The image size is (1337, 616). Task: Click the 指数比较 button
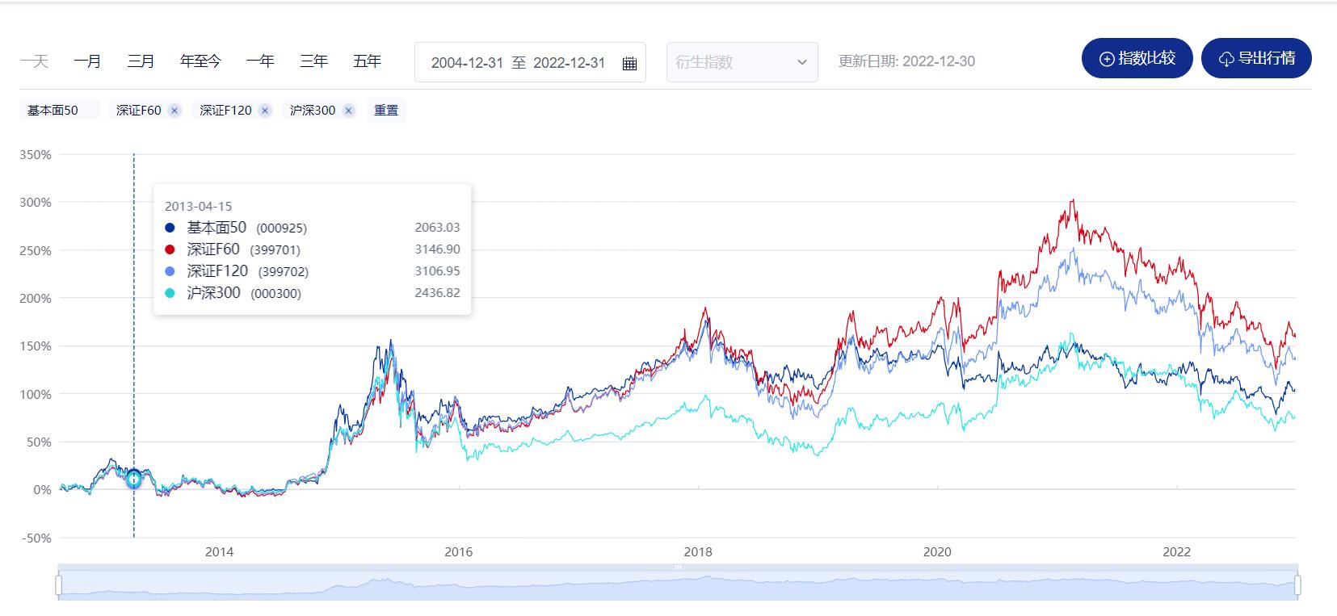click(x=1137, y=59)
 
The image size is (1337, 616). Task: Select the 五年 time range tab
click(x=367, y=61)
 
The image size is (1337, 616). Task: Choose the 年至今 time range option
click(x=200, y=61)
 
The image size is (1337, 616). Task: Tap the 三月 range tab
click(x=141, y=61)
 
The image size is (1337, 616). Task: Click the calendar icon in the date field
click(x=630, y=63)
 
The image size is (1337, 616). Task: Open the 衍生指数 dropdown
click(x=742, y=62)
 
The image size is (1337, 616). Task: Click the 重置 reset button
click(x=386, y=110)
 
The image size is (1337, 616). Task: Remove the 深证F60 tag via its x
click(x=174, y=111)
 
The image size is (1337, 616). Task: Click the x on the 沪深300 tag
click(x=348, y=111)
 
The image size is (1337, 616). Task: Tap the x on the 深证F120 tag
click(x=265, y=111)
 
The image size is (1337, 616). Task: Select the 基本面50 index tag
click(x=53, y=110)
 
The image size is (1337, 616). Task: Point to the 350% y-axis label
click(x=36, y=154)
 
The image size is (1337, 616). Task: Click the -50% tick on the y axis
click(x=36, y=538)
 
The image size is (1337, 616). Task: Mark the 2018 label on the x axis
click(x=698, y=552)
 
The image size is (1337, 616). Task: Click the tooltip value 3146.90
click(x=437, y=249)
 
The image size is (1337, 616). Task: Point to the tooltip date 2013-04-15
click(x=198, y=206)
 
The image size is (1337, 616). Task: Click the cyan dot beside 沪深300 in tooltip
click(x=170, y=293)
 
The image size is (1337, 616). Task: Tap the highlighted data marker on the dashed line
click(x=134, y=479)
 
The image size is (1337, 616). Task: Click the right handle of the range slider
click(x=1297, y=585)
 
